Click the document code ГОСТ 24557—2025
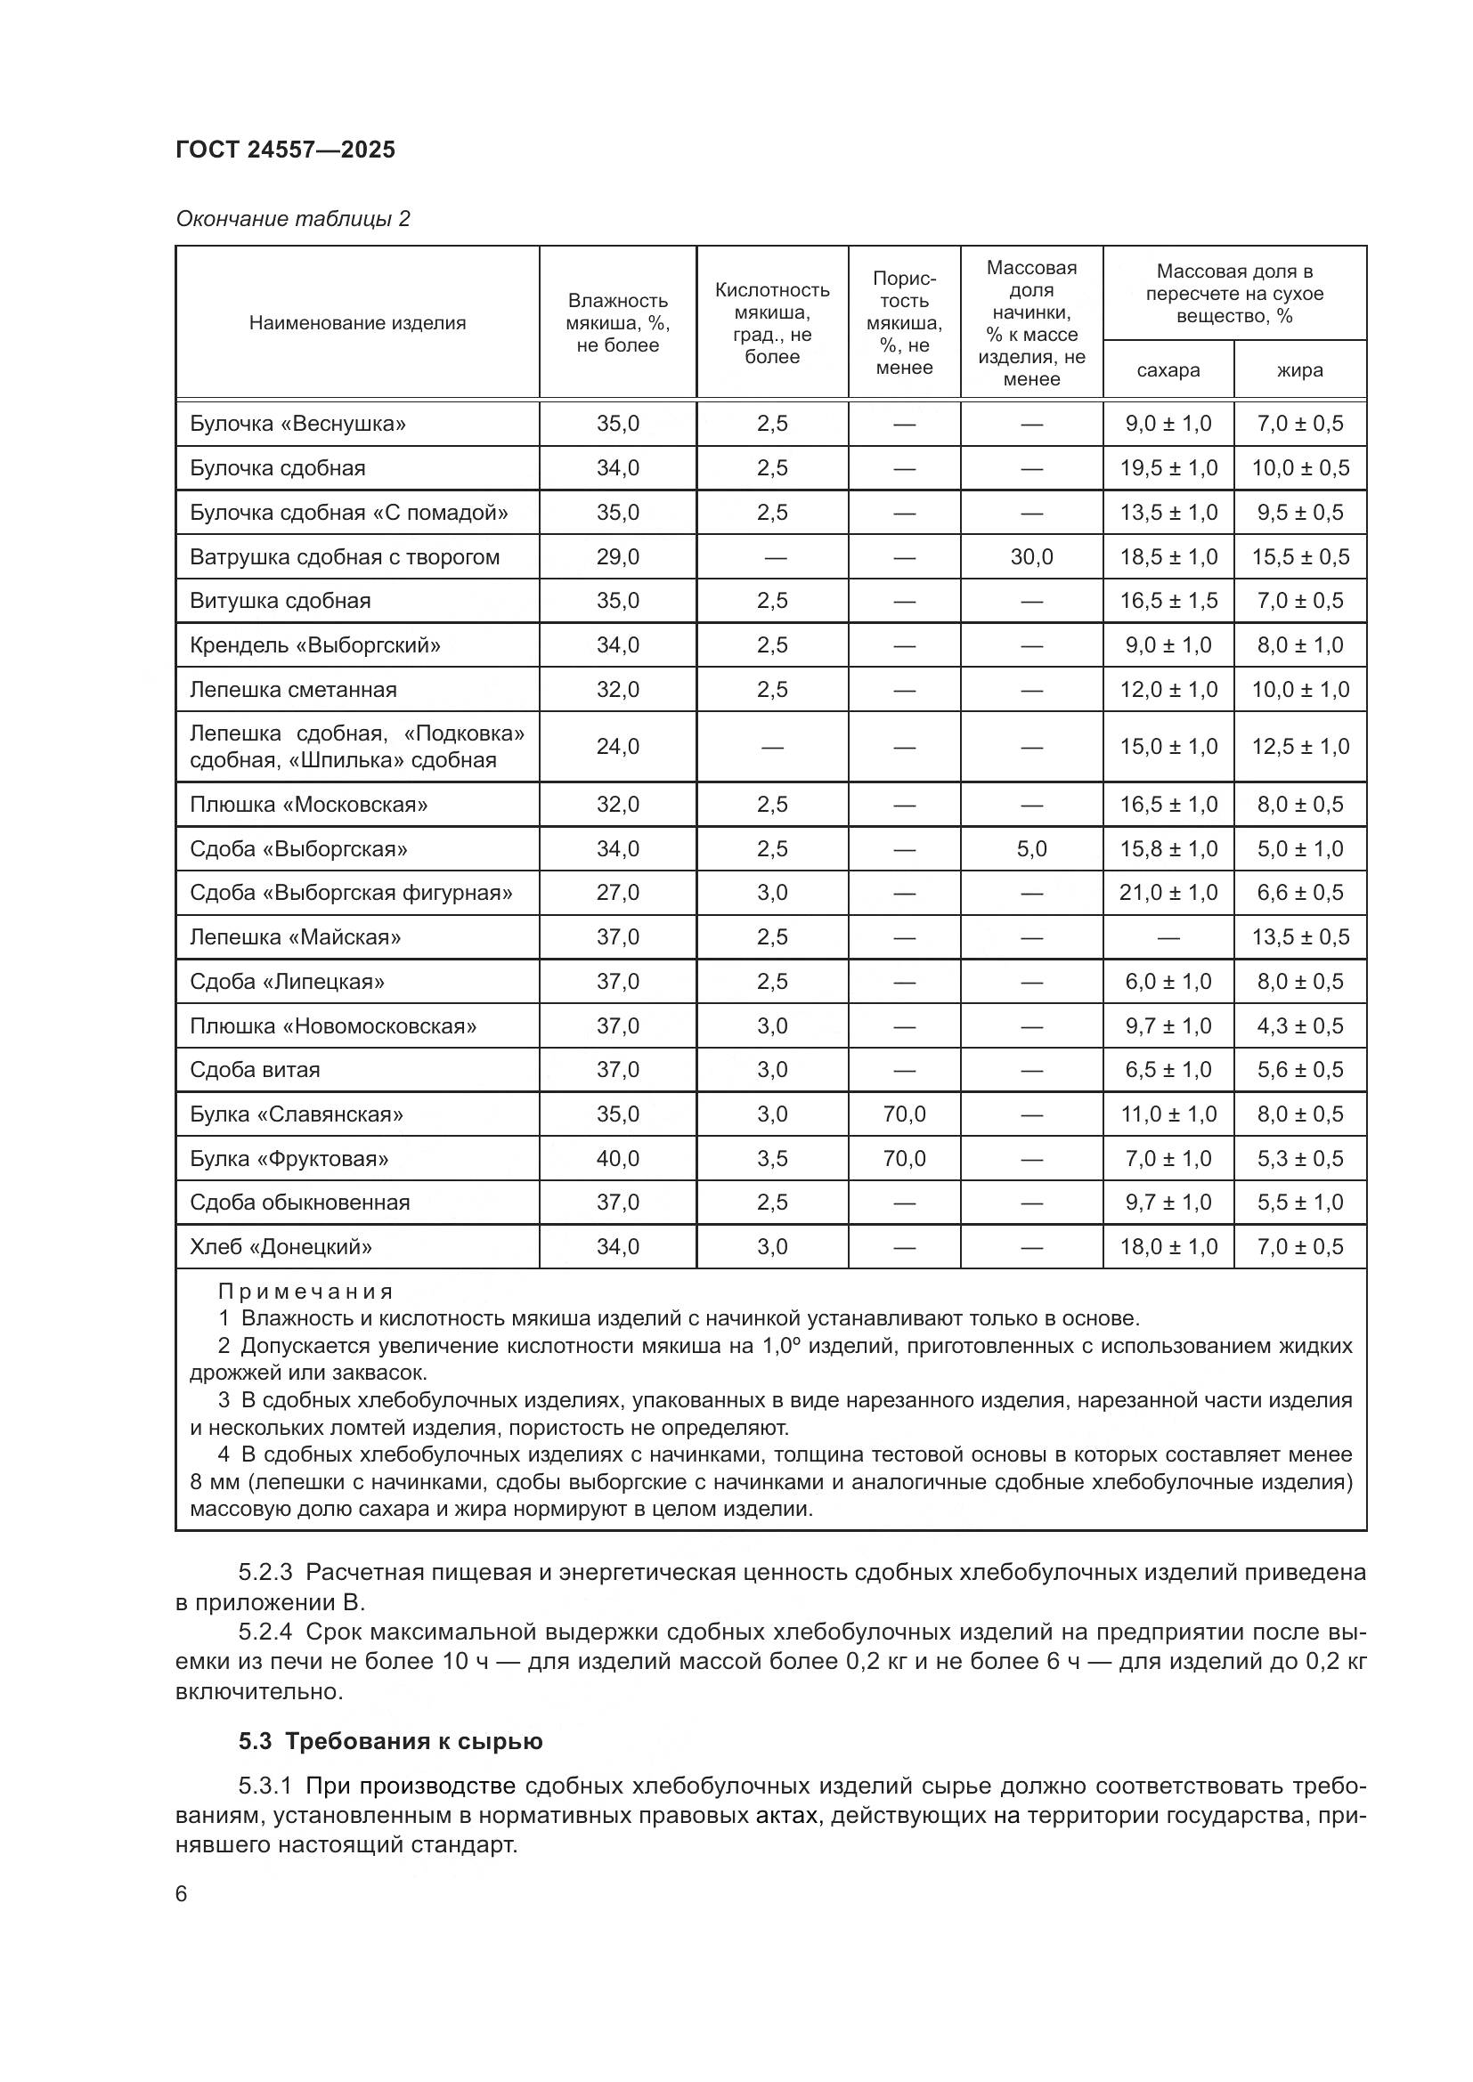point(285,150)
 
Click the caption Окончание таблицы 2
point(292,219)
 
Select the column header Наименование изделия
point(357,323)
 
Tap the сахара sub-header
point(1168,370)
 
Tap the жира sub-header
point(1298,370)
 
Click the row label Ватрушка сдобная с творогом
point(345,556)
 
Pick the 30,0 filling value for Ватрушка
point(1031,556)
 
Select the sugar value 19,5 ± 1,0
point(1168,468)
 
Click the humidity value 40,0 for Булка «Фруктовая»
point(618,1158)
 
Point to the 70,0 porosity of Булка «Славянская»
point(903,1114)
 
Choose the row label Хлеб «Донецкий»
point(281,1247)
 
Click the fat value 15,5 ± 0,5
point(1299,556)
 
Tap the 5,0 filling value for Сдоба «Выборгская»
point(1031,849)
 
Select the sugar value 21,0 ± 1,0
point(1168,892)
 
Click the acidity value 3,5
point(772,1158)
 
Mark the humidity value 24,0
point(618,746)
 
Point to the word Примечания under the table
point(305,1292)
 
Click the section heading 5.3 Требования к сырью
point(390,1741)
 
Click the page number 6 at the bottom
point(182,1894)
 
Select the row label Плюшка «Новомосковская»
point(333,1025)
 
